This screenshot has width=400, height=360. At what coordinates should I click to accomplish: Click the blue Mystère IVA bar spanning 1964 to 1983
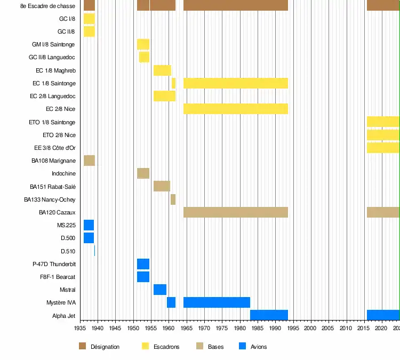tap(217, 302)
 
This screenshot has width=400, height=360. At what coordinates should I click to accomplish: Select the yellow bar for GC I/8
tap(89, 19)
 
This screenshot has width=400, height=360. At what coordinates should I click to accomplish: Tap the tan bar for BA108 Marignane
tap(89, 161)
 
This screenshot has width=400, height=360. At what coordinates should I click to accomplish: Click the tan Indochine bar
tap(143, 173)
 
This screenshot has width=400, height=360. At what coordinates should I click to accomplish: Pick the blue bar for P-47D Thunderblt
tap(143, 264)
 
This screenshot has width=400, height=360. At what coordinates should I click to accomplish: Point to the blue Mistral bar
tap(159, 290)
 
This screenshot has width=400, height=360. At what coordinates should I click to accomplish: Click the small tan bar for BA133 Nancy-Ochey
tap(173, 199)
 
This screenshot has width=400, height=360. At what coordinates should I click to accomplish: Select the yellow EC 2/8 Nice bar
tap(236, 109)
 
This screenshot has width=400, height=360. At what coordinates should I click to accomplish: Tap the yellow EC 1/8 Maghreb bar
tap(162, 70)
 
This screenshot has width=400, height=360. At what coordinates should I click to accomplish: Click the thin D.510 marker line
tap(94, 251)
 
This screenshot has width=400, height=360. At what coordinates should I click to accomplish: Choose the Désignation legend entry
tap(105, 347)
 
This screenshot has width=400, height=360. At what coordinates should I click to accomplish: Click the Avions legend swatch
tap(243, 347)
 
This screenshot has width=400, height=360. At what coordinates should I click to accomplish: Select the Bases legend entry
tap(215, 347)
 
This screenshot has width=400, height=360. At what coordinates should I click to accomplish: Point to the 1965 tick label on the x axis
tap(186, 329)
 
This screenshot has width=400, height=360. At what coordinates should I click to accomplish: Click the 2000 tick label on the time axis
tap(310, 329)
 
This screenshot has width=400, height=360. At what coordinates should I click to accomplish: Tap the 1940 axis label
tap(98, 329)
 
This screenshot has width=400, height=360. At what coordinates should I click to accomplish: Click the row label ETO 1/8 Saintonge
tap(52, 122)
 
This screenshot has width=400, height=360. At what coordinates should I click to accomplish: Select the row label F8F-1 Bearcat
tap(58, 277)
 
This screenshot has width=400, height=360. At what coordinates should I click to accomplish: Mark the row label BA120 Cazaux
tap(57, 212)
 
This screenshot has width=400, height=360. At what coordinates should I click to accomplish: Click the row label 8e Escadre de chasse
tap(47, 6)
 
